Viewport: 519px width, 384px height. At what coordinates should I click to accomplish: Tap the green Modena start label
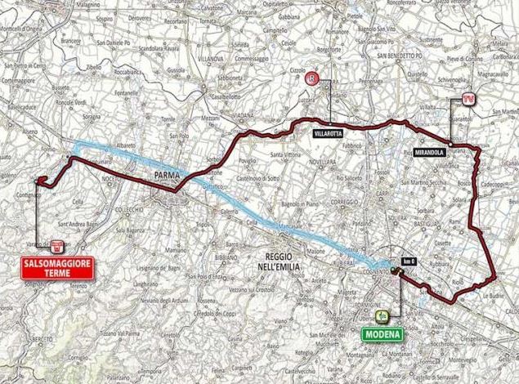381,333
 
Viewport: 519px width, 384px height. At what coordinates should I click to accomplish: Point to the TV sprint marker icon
468,99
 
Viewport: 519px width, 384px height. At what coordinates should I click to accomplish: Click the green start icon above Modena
381,315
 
